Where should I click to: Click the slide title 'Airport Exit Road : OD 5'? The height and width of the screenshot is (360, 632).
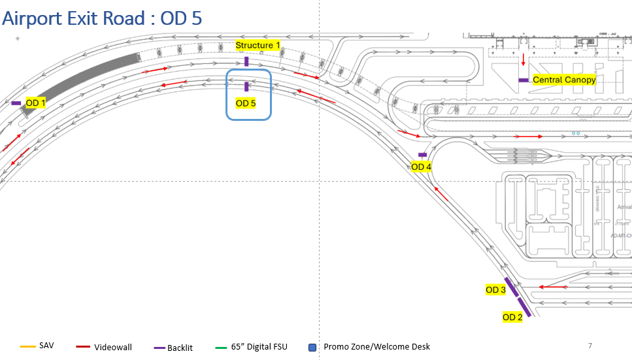click(102, 18)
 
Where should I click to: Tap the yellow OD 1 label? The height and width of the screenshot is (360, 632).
click(35, 103)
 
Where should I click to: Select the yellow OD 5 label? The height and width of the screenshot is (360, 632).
click(246, 103)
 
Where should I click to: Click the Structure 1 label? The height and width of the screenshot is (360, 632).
click(258, 45)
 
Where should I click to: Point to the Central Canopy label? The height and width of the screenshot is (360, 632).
click(564, 80)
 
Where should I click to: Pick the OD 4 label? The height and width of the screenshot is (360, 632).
click(421, 167)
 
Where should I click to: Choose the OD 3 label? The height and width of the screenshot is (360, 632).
click(495, 289)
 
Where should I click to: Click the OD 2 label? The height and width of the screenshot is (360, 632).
click(512, 318)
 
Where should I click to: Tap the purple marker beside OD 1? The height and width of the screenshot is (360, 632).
click(16, 103)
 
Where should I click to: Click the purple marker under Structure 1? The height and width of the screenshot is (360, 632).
click(246, 61)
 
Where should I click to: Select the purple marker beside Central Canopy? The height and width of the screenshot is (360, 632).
click(524, 80)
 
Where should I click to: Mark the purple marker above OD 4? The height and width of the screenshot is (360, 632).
click(422, 155)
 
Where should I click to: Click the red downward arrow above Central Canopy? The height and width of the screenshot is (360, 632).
click(523, 60)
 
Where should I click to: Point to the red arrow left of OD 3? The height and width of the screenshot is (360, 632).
click(553, 287)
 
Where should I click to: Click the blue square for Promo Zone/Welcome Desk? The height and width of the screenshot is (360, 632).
click(312, 347)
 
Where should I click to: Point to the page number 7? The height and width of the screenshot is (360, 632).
click(590, 345)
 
